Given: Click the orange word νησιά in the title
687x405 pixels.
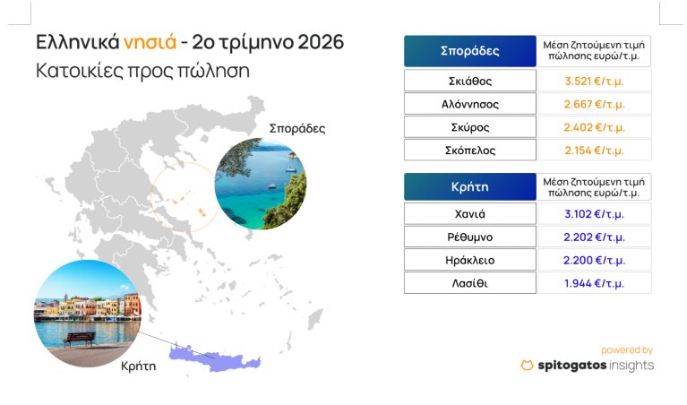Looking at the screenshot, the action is (150, 43).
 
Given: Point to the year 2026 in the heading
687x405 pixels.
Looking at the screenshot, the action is (321, 42).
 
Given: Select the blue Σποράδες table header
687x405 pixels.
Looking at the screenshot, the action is (469, 51).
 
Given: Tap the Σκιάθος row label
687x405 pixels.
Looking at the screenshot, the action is (469, 81).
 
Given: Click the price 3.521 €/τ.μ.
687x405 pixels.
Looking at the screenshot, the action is (594, 81).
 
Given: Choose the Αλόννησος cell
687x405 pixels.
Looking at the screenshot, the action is (469, 104).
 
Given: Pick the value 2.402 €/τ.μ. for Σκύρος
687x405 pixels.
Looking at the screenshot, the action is (594, 127).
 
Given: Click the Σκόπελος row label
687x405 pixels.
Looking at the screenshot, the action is (469, 151).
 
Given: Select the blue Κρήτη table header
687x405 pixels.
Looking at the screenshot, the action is (469, 186).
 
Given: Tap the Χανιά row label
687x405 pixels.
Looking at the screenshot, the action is (469, 214).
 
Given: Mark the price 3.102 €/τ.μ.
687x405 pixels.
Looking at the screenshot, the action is (594, 214).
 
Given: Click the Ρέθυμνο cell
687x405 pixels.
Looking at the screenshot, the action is (469, 237).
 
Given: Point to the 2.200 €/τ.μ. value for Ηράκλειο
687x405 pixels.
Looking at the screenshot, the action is (594, 261).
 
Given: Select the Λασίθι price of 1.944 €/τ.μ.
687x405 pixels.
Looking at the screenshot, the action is (594, 283).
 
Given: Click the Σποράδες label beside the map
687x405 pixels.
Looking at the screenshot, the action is (297, 129).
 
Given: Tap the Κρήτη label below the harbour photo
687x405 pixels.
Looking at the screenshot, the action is (139, 366).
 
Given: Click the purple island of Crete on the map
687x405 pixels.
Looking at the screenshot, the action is (215, 358).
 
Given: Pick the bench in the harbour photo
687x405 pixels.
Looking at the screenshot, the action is (80, 339).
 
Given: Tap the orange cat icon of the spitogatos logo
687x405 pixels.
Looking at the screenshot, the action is (527, 365).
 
